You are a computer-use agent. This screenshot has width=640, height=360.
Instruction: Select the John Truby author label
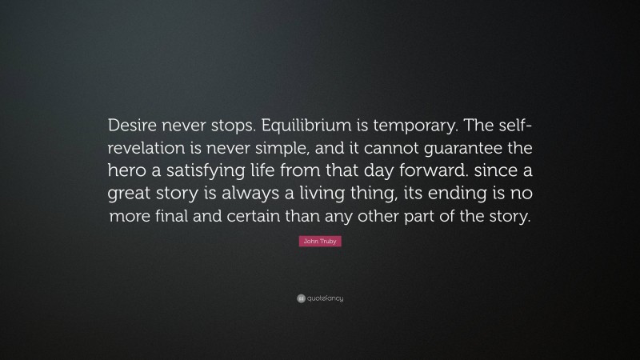pyautogui.click(x=320, y=241)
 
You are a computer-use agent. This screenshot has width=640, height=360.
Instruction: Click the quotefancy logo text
pyautogui.click(x=326, y=298)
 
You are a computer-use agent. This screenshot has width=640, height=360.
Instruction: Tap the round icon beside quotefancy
pyautogui.click(x=301, y=298)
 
